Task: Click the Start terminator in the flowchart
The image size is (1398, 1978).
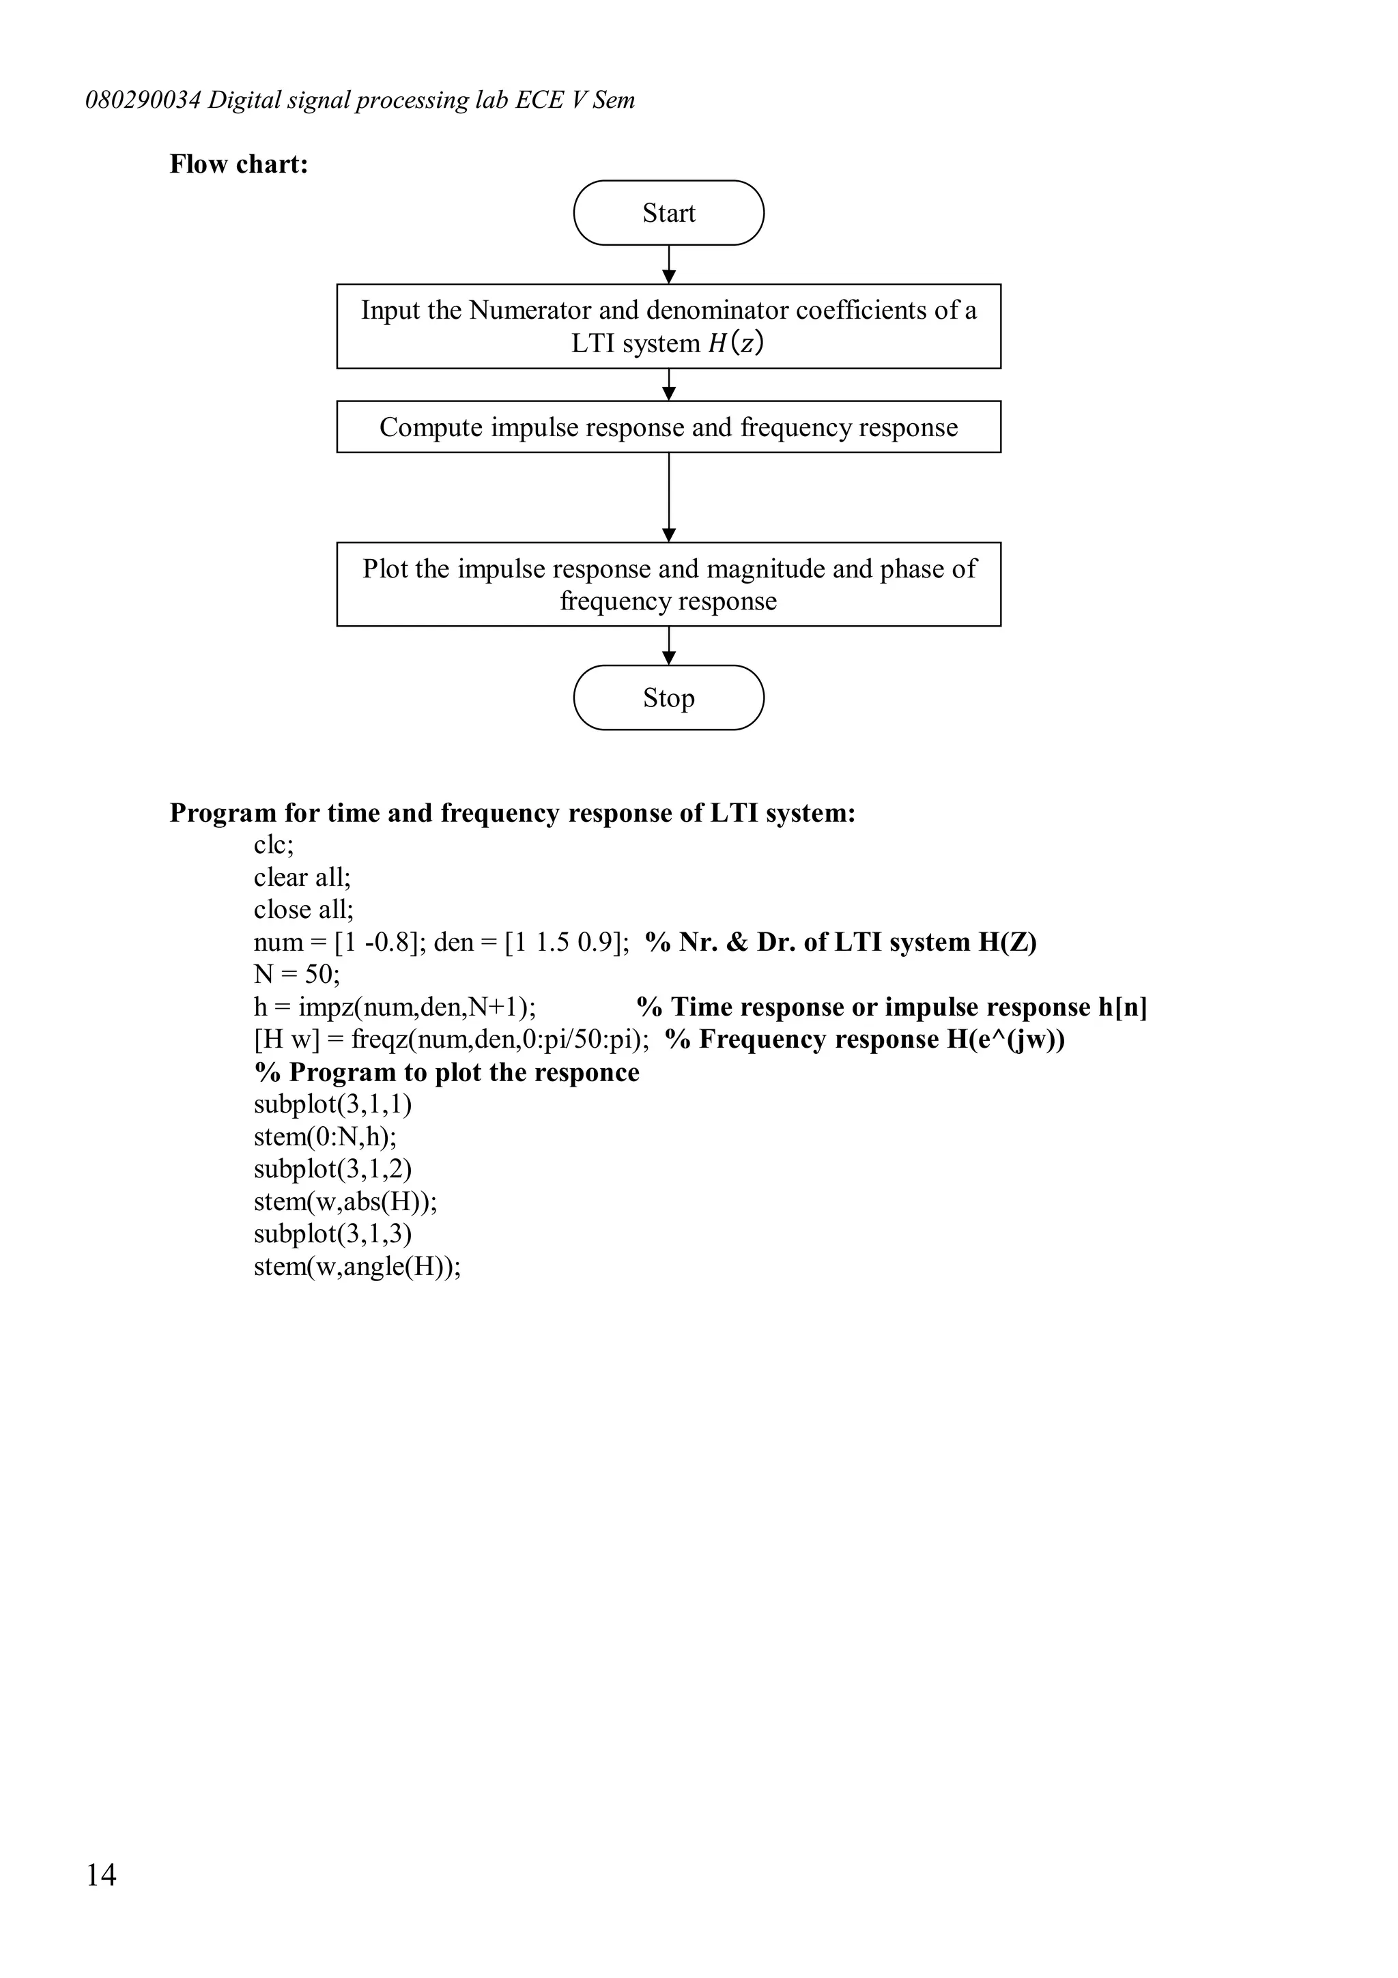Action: [x=668, y=213]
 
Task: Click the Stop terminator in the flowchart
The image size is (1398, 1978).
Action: [x=668, y=698]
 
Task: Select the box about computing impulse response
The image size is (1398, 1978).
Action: [x=668, y=427]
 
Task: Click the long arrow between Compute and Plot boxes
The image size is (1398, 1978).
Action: [x=668, y=497]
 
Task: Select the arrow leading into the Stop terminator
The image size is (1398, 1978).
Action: [x=668, y=646]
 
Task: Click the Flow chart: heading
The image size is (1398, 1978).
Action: [x=239, y=164]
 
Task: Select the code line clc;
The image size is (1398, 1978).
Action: [x=273, y=845]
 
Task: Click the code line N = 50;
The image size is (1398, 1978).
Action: [x=296, y=975]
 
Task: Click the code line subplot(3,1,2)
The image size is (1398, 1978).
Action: [x=332, y=1169]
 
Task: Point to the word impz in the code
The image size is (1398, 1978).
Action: [x=326, y=1007]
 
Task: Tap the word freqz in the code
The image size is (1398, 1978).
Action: [x=378, y=1040]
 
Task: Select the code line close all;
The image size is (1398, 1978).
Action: [x=303, y=910]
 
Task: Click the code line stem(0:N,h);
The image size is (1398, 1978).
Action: [x=325, y=1137]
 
